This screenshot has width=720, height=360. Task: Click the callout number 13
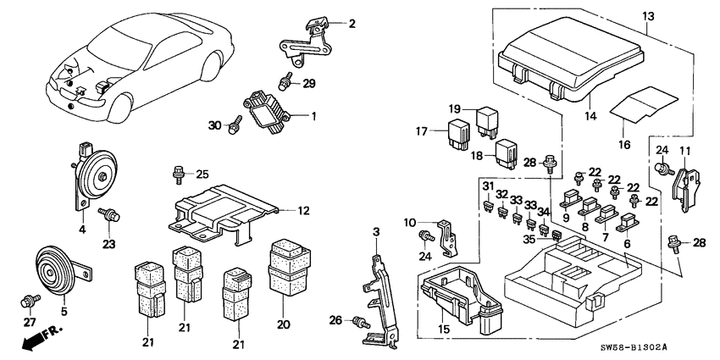point(648,15)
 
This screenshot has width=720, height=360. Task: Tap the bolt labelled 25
point(178,175)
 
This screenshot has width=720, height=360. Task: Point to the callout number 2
point(352,24)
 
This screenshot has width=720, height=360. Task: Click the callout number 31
point(488,186)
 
